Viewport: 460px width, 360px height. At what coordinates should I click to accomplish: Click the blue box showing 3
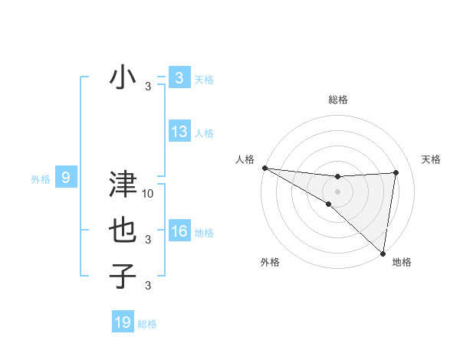pyautogui.click(x=179, y=78)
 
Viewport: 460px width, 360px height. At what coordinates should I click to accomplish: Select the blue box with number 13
pyautogui.click(x=179, y=132)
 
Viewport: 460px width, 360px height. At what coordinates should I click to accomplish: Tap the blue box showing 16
pyautogui.click(x=179, y=231)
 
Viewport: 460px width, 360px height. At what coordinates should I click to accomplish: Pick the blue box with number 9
pyautogui.click(x=66, y=178)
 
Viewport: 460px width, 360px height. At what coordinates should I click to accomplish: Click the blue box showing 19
pyautogui.click(x=122, y=322)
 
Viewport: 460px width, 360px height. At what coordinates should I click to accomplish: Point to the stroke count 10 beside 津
pyautogui.click(x=149, y=194)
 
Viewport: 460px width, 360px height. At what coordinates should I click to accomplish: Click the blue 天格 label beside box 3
pyautogui.click(x=204, y=79)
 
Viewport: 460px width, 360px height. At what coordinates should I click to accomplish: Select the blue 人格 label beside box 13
pyautogui.click(x=204, y=133)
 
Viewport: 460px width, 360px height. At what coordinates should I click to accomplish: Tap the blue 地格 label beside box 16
pyautogui.click(x=204, y=232)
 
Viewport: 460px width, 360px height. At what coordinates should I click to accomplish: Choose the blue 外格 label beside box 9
pyautogui.click(x=41, y=179)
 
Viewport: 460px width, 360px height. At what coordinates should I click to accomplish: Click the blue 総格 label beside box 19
pyautogui.click(x=147, y=324)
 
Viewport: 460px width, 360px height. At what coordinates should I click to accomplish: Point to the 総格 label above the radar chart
pyautogui.click(x=337, y=100)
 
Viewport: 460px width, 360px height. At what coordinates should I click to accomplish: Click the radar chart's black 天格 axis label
pyautogui.click(x=432, y=159)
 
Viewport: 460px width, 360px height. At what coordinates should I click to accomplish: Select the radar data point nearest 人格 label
pyautogui.click(x=264, y=167)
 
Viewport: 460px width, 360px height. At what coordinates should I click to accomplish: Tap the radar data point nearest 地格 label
pyautogui.click(x=383, y=253)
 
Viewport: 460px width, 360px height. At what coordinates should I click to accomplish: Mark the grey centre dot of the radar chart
pyautogui.click(x=337, y=191)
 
